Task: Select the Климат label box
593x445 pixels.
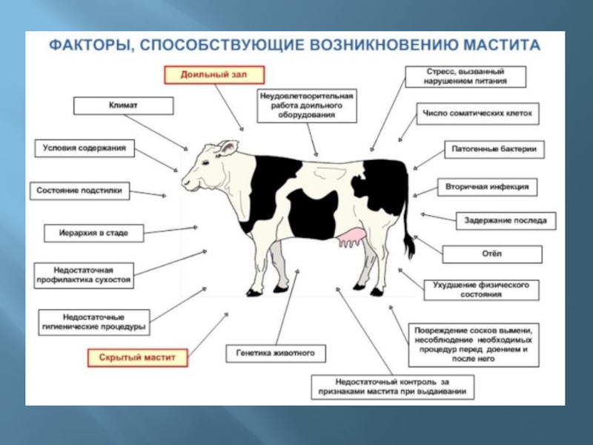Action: coord(114,106)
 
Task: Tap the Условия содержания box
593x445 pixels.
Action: coord(83,148)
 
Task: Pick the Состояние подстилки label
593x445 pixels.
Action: coord(81,191)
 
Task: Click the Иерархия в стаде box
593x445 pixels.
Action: coord(94,233)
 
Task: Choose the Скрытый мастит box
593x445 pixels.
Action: coord(137,357)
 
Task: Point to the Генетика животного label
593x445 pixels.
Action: coord(271,353)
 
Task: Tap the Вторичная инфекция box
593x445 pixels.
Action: coord(487,188)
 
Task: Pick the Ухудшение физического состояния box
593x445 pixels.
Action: coord(480,289)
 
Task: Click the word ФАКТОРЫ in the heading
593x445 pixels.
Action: coord(84,45)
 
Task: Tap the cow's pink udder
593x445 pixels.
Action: coord(352,239)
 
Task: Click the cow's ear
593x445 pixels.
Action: coord(226,148)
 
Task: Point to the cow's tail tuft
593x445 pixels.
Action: coord(408,248)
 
